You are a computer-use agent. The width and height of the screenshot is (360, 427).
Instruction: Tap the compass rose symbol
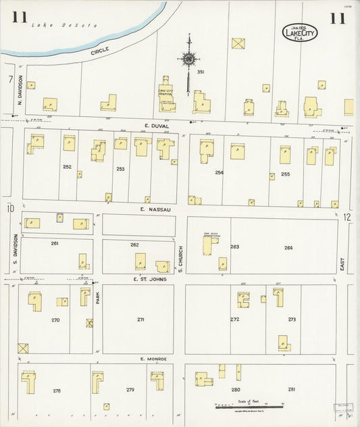coord(188,59)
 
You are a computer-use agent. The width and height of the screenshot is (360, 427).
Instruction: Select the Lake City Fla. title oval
coord(298,32)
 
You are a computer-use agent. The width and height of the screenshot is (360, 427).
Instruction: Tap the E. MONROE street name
coord(152,359)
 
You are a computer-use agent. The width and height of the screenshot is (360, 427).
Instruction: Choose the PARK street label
coord(97,297)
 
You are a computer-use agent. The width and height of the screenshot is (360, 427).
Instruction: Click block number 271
coord(141,320)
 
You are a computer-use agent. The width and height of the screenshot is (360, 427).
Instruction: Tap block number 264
coord(289,247)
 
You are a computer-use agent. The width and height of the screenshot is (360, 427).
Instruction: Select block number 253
coord(120,168)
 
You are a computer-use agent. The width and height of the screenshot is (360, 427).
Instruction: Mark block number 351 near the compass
coord(201,72)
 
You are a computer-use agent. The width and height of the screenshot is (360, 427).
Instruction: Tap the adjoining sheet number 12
coord(346,217)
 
